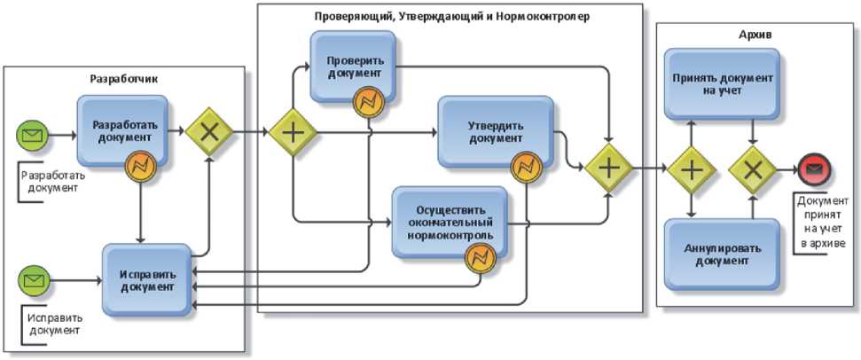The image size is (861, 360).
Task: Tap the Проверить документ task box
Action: point(351,66)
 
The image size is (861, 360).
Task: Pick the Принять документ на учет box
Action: point(722,84)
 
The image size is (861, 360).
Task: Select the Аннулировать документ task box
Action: point(722,254)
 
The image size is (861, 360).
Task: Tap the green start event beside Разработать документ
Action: point(33,136)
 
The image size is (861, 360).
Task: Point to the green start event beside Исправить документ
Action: point(33,280)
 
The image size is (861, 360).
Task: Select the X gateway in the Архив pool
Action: point(752,169)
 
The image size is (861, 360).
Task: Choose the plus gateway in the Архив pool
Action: point(692,169)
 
